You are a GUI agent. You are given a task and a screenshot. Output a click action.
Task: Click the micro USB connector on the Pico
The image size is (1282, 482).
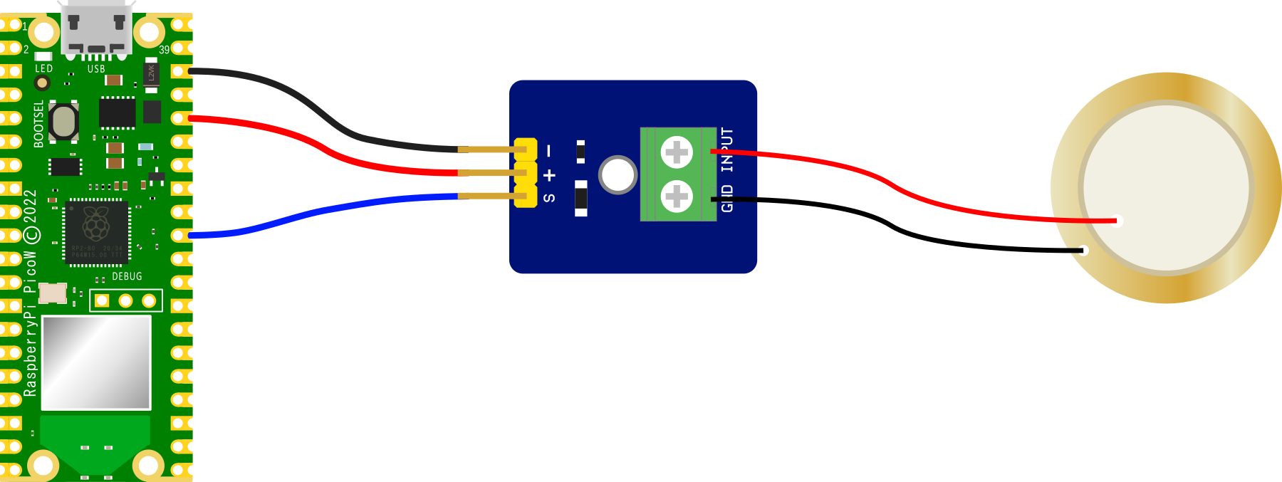point(96,28)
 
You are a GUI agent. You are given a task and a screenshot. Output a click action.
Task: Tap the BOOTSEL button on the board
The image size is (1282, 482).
point(64,122)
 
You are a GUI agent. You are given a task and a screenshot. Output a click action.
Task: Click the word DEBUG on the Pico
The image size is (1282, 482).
point(127,276)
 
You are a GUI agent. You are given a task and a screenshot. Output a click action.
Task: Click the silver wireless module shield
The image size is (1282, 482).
point(96,362)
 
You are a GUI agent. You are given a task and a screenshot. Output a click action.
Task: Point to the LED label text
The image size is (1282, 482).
point(44,68)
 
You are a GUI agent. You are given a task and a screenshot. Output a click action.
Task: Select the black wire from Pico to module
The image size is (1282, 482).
point(320,114)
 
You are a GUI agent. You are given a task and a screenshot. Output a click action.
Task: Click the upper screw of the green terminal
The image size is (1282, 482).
point(677,152)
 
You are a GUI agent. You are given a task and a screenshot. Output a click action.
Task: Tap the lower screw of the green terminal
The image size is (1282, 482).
point(677,197)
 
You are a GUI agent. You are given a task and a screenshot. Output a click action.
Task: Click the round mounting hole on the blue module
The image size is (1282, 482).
point(617,175)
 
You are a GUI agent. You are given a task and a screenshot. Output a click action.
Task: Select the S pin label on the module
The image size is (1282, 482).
point(549,198)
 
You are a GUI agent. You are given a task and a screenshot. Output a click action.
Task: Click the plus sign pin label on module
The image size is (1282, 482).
point(549,175)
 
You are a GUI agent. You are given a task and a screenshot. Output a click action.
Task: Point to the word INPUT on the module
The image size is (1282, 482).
point(727,150)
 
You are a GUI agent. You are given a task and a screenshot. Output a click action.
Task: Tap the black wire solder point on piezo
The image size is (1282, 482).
point(1083,251)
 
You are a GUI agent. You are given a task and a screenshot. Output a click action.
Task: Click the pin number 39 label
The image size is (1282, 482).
point(165,50)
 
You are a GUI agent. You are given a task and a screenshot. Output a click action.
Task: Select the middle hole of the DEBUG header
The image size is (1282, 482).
point(125,301)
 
